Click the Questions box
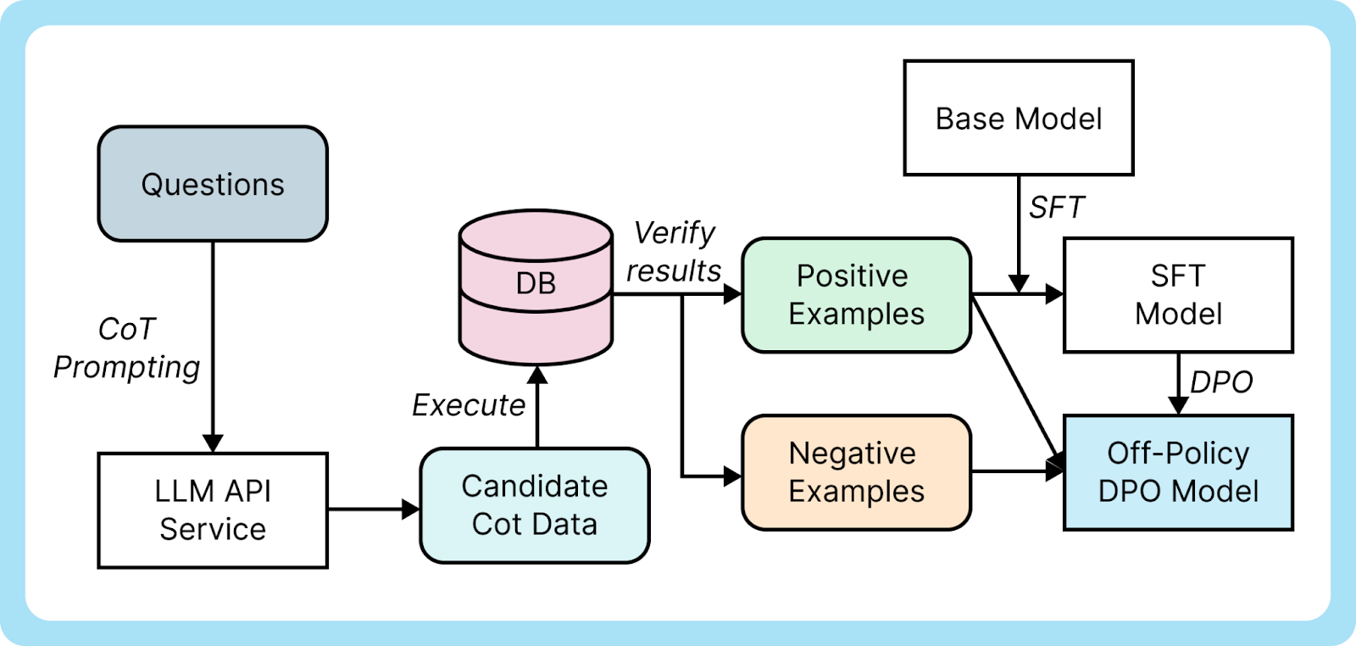tap(213, 184)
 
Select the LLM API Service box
tap(213, 510)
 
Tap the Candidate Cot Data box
tap(535, 505)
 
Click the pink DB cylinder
tap(536, 288)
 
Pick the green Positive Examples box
tap(856, 294)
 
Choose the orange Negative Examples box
tap(856, 472)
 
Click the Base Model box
tap(1019, 118)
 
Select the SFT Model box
tap(1178, 294)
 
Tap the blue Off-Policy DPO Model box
tap(1178, 472)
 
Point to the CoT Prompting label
tap(127, 348)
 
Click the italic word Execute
tap(469, 405)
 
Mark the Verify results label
tap(674, 252)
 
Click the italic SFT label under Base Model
tap(1056, 207)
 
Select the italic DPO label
tap(1221, 382)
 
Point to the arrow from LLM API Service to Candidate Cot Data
tap(373, 510)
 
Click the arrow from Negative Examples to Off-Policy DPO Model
tap(1017, 471)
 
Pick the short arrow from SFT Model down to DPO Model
tap(1178, 383)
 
